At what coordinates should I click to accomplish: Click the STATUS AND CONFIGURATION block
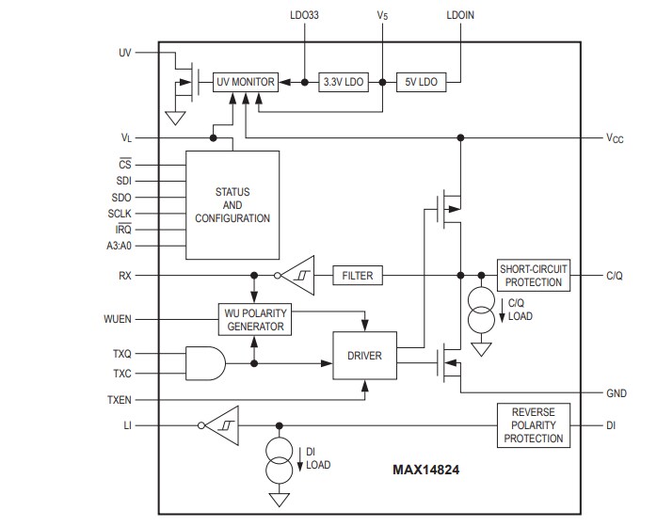click(232, 204)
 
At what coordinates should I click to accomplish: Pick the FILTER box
click(357, 276)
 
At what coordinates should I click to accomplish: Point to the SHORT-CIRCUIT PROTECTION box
click(533, 276)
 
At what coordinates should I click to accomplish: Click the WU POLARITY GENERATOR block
click(254, 320)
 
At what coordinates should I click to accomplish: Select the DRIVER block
click(365, 357)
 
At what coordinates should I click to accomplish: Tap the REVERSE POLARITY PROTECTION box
click(533, 424)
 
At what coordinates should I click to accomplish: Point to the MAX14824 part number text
click(425, 467)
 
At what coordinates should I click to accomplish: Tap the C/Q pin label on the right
click(616, 276)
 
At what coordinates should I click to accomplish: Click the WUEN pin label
click(118, 320)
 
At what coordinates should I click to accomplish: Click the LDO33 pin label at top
click(306, 16)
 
